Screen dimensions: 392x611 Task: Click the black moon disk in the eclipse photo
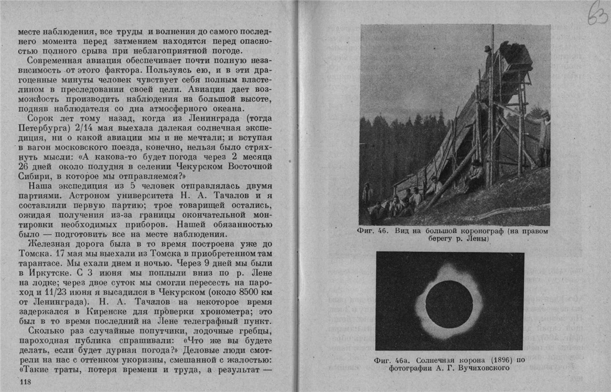pos(449,304)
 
